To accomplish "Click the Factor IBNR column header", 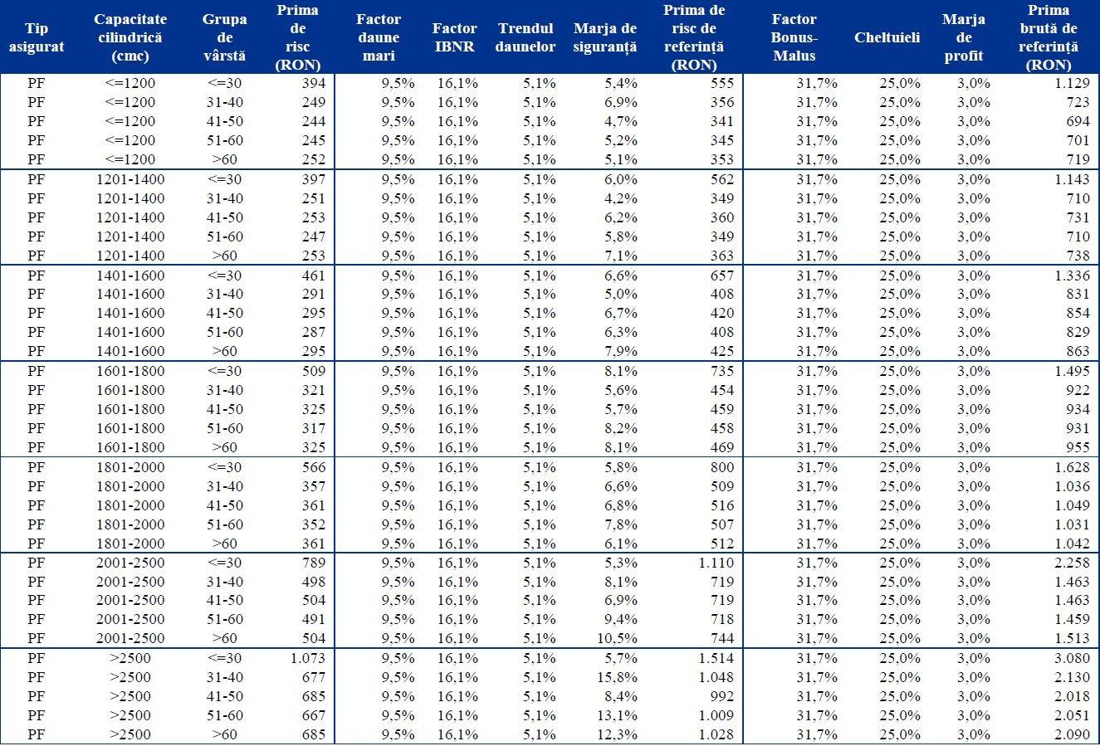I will tap(454, 38).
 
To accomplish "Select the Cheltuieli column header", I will tap(887, 38).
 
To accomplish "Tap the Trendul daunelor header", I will tap(525, 38).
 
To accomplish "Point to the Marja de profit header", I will tap(963, 38).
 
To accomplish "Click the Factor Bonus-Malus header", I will tap(794, 38).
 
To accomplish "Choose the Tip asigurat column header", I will tap(37, 38).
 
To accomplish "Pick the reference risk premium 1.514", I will tap(716, 659).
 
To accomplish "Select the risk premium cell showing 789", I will tap(314, 563).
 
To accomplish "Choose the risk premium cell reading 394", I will tap(314, 83).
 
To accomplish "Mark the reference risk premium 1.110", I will tap(716, 563).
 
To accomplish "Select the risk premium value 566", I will tap(314, 467).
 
